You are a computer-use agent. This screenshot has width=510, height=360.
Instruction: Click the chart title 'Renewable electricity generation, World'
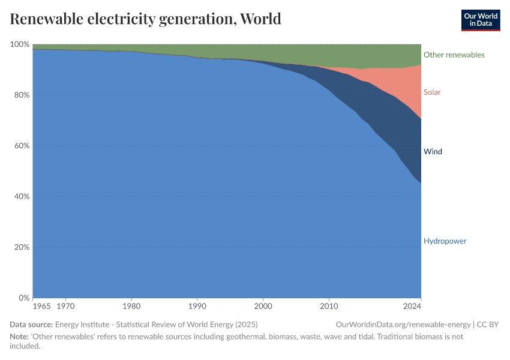(x=145, y=19)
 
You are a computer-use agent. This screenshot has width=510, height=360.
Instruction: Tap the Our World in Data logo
(x=480, y=20)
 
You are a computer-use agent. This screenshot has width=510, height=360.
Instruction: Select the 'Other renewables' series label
(x=454, y=55)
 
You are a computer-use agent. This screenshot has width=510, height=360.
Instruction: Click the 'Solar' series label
(x=432, y=92)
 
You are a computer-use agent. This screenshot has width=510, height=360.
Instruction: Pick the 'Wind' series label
(x=433, y=152)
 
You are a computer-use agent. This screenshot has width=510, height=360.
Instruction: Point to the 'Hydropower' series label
(x=445, y=241)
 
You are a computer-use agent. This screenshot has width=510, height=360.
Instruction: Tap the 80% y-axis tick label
(x=22, y=95)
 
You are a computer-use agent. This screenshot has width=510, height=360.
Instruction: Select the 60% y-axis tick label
(x=22, y=146)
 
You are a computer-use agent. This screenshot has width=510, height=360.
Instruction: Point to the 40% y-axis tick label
(x=22, y=197)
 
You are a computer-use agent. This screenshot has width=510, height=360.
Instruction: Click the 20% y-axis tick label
(x=22, y=247)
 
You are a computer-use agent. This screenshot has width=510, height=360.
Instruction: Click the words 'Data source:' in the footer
(x=31, y=325)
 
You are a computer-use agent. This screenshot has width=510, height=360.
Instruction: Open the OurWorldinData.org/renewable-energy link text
(x=404, y=325)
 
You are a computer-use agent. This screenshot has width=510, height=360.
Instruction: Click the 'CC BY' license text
(x=488, y=325)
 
